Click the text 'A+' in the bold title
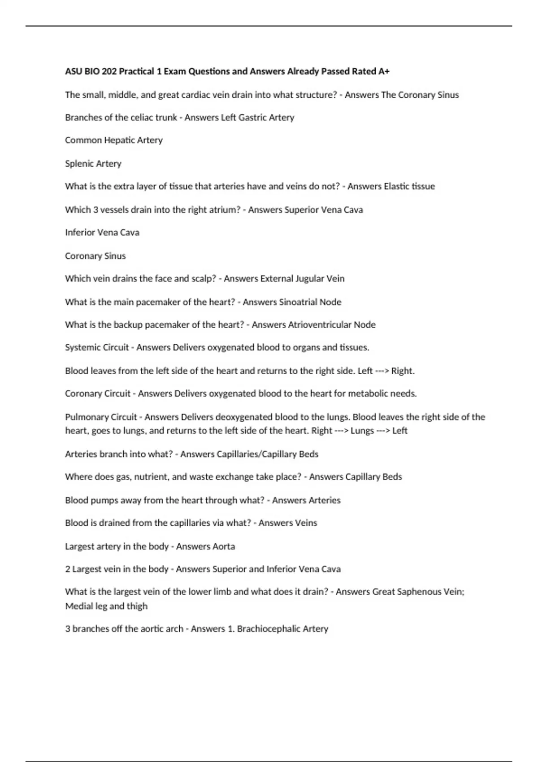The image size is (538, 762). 384,71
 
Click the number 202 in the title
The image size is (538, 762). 109,71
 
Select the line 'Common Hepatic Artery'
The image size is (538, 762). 114,140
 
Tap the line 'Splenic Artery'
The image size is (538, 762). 93,164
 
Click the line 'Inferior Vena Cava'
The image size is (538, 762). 102,233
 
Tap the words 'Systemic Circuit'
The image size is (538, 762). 97,348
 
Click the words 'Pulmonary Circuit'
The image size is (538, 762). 101,417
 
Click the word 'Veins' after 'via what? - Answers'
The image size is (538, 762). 303,523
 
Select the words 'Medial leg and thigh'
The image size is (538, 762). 106,606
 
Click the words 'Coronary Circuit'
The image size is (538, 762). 98,394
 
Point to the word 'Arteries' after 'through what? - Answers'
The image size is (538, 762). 323,500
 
